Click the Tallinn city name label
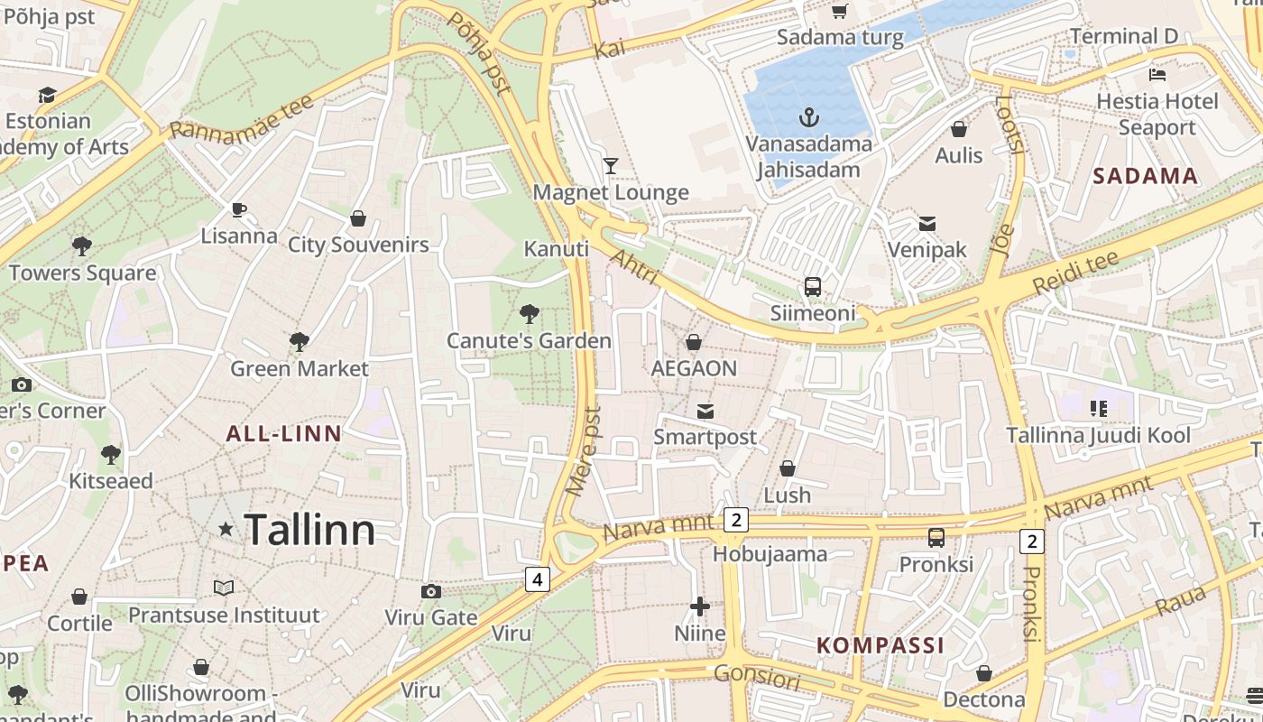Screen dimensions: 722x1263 click(309, 530)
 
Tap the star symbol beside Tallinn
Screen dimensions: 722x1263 click(226, 529)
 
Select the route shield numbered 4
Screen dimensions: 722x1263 click(537, 579)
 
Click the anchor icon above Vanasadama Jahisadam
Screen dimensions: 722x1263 click(809, 116)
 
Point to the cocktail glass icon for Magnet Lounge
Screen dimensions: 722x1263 click(611, 165)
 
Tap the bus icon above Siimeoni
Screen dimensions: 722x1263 click(812, 287)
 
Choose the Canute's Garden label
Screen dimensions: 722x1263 click(530, 341)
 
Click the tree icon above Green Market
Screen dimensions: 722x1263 click(300, 341)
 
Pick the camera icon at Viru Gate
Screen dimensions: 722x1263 click(431, 591)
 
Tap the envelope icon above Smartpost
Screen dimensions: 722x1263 click(705, 412)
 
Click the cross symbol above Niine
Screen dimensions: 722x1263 click(700, 606)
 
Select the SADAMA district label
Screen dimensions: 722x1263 click(1146, 176)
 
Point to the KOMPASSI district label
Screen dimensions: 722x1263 click(880, 645)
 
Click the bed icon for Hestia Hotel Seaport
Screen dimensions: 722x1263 click(1157, 74)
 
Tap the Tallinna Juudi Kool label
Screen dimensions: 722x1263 click(1099, 435)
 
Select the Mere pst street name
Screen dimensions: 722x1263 click(583, 451)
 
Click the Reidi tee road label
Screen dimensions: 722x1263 click(1075, 272)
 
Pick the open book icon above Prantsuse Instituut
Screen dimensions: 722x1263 click(224, 588)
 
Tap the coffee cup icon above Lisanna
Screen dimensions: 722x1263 click(239, 209)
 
